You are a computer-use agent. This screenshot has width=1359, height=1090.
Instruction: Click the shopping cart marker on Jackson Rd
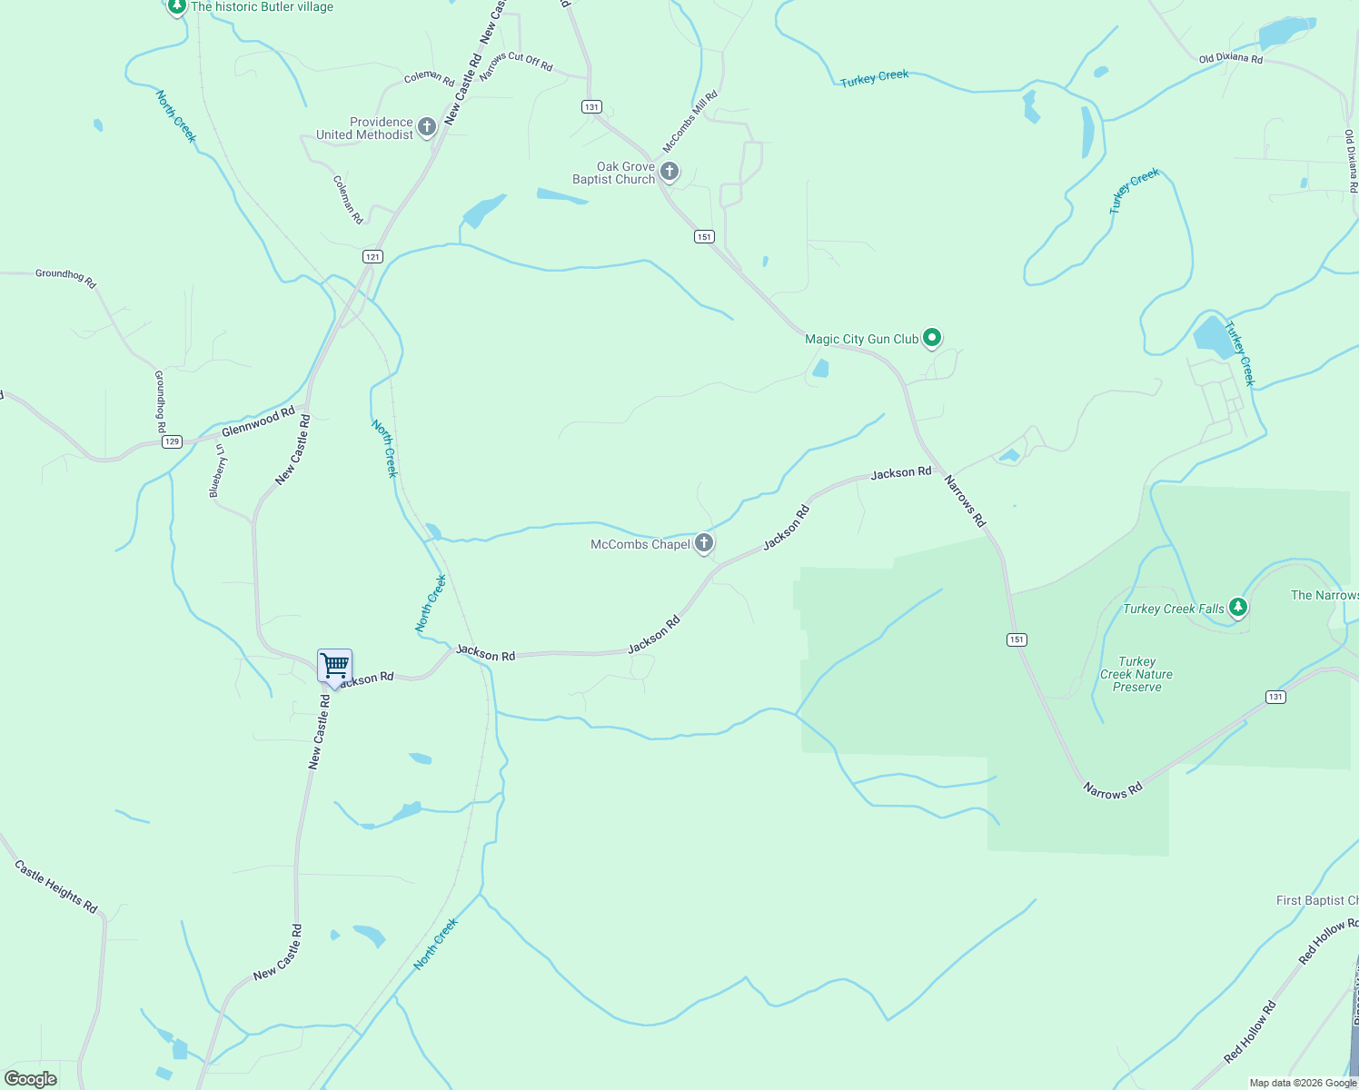coord(334,667)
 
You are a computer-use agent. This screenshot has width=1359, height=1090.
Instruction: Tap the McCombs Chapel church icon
coord(703,543)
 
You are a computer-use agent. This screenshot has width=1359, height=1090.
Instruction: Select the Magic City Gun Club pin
coord(931,338)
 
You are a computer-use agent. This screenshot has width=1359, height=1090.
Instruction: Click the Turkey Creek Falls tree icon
coord(1237,607)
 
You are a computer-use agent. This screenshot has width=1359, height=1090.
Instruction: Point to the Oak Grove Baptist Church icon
coord(670,171)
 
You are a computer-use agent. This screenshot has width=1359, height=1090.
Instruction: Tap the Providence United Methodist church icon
coord(427,126)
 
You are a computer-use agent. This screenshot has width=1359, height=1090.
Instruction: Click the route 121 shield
coord(372,257)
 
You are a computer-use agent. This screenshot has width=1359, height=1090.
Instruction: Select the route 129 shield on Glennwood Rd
coord(172,441)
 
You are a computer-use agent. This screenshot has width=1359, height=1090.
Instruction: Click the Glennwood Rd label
coord(258,421)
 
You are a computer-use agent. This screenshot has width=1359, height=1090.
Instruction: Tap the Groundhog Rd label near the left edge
coord(65,277)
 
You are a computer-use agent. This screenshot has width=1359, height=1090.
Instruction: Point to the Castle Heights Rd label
coord(56,887)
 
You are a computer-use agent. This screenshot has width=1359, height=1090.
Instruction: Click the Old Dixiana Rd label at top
coord(1230,59)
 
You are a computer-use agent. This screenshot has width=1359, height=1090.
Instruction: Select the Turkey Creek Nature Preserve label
coord(1136,675)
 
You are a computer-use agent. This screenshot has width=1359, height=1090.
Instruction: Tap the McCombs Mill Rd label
coord(690,121)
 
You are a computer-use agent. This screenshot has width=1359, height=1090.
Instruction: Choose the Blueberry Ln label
coord(218,471)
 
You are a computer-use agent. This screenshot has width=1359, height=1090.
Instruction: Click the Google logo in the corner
coord(31,1079)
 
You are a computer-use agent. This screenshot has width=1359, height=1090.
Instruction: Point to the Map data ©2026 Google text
coord(1303,1083)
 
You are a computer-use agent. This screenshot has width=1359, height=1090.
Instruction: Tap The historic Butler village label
coord(262,7)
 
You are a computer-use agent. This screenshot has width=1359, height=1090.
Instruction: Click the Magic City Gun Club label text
coord(861,339)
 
